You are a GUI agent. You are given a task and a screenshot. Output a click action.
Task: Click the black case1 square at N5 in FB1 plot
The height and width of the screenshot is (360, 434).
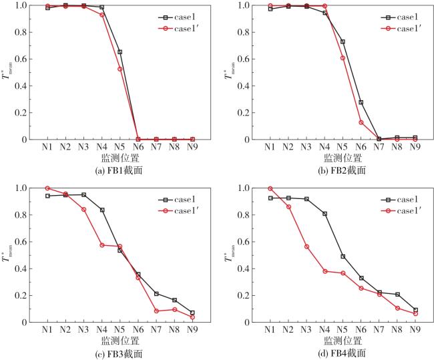click(120, 51)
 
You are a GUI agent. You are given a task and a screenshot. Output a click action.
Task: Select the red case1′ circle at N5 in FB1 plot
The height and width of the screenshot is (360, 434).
click(120, 69)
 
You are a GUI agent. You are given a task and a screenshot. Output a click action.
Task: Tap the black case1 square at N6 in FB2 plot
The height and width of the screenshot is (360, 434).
click(361, 102)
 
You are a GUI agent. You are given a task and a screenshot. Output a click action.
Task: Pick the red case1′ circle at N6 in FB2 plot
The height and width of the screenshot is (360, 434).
click(361, 122)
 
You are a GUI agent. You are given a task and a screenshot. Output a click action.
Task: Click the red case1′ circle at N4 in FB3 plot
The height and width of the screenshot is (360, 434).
click(102, 245)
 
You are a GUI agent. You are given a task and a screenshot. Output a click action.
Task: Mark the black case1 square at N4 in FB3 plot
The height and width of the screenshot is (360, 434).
click(102, 210)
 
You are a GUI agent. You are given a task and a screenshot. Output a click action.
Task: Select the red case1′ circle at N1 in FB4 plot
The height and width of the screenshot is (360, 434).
click(270, 188)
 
